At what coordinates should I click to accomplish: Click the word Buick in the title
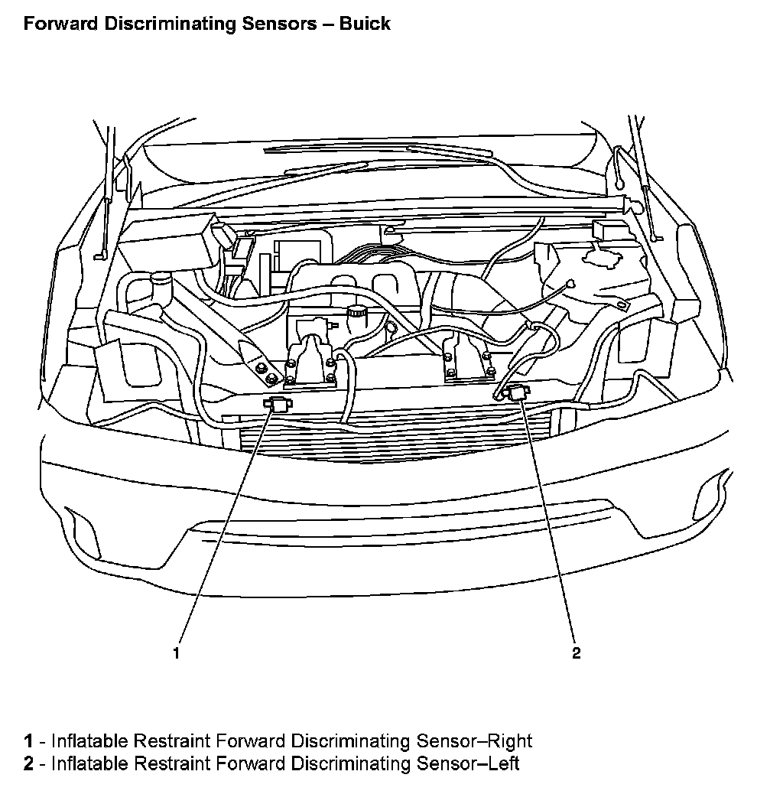click(366, 24)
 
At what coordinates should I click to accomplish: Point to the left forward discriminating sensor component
click(518, 392)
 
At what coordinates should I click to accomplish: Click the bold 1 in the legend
click(28, 740)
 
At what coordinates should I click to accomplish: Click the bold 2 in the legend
click(28, 763)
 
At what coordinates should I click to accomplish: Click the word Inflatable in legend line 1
click(89, 740)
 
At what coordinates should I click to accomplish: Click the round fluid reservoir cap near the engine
click(356, 312)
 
